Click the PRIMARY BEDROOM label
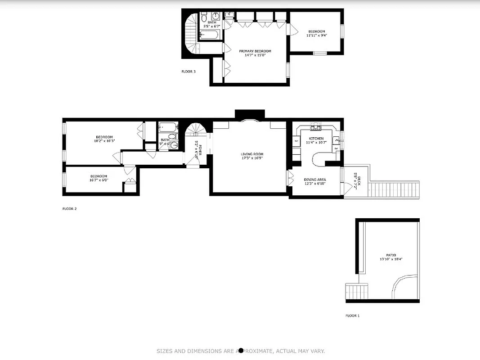(255, 51)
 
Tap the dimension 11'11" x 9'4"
(317, 36)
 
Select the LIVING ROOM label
(252, 154)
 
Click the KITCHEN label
(316, 139)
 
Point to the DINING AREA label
(315, 180)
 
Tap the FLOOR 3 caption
(188, 72)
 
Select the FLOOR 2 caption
(69, 209)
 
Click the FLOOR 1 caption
(352, 316)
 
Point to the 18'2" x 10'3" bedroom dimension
(104, 141)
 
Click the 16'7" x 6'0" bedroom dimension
(99, 180)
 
